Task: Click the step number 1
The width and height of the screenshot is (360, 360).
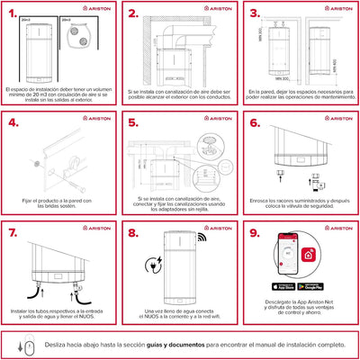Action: point(14,14)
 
